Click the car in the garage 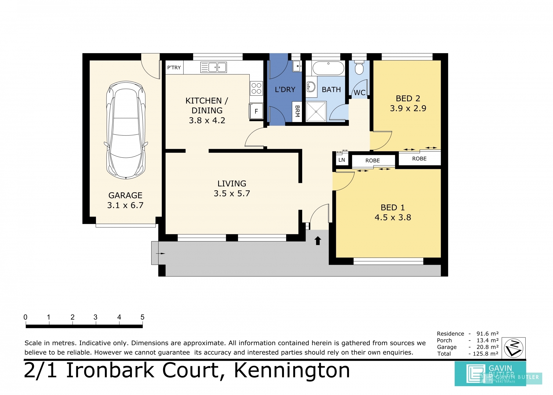126,130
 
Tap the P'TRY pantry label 174,67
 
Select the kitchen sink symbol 213,67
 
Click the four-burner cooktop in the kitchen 256,88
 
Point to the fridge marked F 256,111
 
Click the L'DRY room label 285,90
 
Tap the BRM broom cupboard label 297,111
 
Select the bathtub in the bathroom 328,68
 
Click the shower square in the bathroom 316,111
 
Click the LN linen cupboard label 342,160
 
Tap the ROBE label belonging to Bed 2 419,158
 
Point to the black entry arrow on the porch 318,241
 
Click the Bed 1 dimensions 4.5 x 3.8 393,217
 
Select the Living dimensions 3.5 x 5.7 232,193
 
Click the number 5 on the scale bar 142,317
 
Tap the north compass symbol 513,348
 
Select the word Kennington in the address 292,371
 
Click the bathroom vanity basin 311,87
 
